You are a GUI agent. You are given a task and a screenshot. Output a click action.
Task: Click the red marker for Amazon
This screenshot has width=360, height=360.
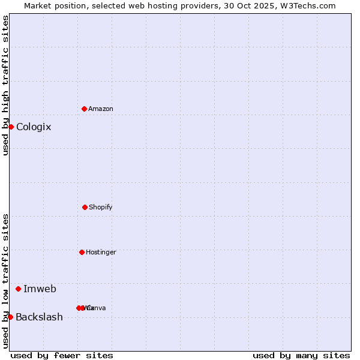[x=84, y=109]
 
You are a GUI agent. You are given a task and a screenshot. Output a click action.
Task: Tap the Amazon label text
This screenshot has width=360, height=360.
[x=100, y=109]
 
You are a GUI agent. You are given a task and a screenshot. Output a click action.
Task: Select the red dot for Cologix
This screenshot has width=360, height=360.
[x=11, y=127]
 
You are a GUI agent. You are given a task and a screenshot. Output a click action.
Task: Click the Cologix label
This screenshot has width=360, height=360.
[x=34, y=127]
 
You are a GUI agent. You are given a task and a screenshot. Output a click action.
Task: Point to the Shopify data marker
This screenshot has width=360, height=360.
[x=85, y=207]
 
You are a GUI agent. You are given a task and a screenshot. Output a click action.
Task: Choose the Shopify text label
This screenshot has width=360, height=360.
[x=100, y=207]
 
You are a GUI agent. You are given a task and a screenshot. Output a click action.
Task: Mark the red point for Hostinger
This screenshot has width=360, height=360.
[x=82, y=252]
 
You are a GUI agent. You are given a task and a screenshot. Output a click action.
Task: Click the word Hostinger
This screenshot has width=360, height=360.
[x=101, y=252]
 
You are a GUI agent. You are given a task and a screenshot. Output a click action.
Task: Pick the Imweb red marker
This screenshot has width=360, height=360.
[x=18, y=289]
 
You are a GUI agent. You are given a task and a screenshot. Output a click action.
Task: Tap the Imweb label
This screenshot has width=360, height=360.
[x=40, y=289]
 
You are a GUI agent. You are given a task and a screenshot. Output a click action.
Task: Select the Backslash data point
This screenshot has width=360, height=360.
[x=10, y=317]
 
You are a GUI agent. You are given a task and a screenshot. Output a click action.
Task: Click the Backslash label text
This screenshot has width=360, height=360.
[x=39, y=317]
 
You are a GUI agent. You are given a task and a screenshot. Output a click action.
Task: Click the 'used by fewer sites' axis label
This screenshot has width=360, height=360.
[x=62, y=355]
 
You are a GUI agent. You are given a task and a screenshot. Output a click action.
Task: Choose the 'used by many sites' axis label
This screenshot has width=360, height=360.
[x=301, y=355]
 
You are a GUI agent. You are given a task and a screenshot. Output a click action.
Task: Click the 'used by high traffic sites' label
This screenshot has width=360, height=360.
[x=5, y=85]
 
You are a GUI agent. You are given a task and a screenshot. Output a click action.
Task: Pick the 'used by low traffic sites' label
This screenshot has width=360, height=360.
[x=5, y=281]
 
